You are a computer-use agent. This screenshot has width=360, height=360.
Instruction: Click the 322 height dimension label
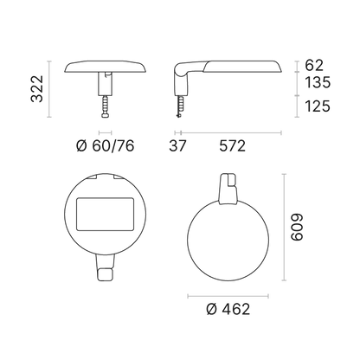[37, 89]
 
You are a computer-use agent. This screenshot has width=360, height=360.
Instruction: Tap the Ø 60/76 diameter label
[106, 145]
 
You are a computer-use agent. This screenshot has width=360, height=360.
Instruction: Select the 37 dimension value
[177, 145]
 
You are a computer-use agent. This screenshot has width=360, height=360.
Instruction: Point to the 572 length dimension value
[233, 145]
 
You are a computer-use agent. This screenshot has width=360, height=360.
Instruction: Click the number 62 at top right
[314, 65]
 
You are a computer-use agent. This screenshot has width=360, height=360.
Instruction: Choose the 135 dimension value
[318, 82]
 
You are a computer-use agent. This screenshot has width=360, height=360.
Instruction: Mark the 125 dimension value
[318, 106]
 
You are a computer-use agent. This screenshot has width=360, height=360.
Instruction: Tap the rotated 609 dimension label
[297, 227]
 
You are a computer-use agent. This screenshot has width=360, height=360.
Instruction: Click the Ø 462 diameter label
[228, 309]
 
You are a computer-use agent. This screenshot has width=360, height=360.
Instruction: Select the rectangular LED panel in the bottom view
[106, 214]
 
